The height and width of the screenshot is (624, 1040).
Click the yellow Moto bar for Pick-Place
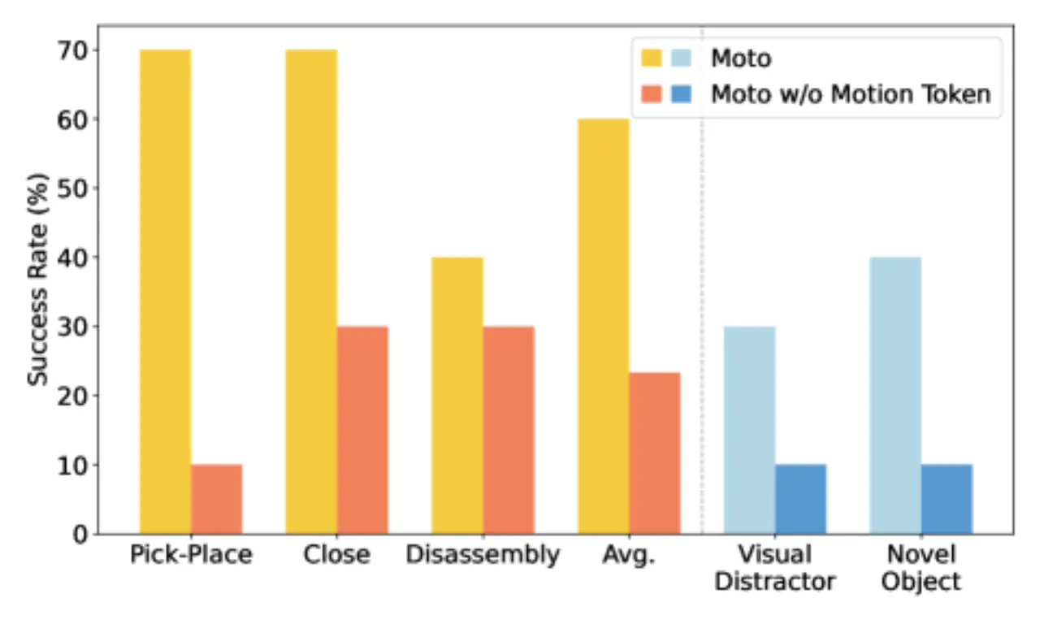pyautogui.click(x=165, y=292)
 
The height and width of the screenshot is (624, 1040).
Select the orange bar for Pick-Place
pyautogui.click(x=216, y=499)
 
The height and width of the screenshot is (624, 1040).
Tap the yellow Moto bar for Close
pyautogui.click(x=311, y=292)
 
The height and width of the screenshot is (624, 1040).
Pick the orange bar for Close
pyautogui.click(x=362, y=431)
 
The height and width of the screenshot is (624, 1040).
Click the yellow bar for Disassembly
pyautogui.click(x=457, y=396)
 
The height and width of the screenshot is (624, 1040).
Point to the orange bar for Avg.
pyautogui.click(x=655, y=453)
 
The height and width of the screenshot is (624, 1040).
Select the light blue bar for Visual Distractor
pyautogui.click(x=750, y=431)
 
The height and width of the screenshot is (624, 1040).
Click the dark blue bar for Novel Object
pyautogui.click(x=947, y=499)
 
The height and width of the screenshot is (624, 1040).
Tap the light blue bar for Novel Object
pyautogui.click(x=895, y=396)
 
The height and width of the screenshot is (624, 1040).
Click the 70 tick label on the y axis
pyautogui.click(x=72, y=50)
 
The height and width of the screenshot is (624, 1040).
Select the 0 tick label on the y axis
pyautogui.click(x=80, y=535)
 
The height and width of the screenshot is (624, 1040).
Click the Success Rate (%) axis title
pyautogui.click(x=37, y=279)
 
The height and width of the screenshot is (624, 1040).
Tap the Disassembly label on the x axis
pyautogui.click(x=483, y=555)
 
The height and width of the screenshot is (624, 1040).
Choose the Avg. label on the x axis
pyautogui.click(x=629, y=555)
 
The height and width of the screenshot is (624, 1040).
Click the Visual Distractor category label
pyautogui.click(x=775, y=568)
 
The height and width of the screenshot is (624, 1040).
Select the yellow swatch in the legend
pyautogui.click(x=652, y=58)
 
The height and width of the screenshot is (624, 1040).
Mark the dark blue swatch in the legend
pyautogui.click(x=682, y=93)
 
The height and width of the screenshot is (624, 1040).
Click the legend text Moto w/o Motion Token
pyautogui.click(x=851, y=94)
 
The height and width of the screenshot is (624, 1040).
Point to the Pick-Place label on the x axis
pyautogui.click(x=191, y=554)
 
